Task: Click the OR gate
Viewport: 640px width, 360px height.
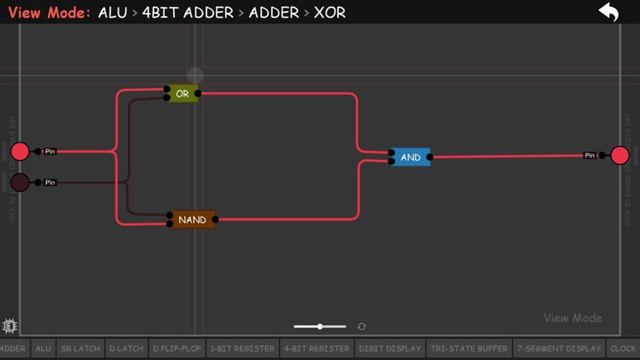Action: click(182, 94)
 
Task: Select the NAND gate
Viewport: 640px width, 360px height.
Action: click(192, 219)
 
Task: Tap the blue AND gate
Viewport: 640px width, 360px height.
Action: click(410, 157)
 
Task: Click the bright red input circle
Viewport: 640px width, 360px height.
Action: click(20, 152)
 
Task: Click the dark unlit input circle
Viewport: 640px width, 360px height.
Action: click(20, 182)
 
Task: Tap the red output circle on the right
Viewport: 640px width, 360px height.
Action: click(620, 155)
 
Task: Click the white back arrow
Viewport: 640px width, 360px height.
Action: click(608, 13)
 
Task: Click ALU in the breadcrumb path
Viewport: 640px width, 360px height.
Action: click(112, 13)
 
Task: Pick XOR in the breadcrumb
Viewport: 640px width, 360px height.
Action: click(329, 13)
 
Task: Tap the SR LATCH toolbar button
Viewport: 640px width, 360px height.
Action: click(80, 348)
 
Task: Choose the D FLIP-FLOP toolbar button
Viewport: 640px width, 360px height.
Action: click(177, 348)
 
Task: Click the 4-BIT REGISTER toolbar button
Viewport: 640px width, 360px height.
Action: click(316, 348)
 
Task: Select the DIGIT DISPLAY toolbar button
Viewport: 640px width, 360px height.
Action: click(390, 348)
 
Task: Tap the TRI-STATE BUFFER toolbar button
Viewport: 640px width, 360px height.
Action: click(469, 348)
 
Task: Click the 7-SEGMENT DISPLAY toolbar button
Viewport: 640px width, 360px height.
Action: click(559, 348)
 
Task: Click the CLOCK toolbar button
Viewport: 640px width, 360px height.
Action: click(623, 348)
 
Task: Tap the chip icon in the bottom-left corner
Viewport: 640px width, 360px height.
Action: click(10, 326)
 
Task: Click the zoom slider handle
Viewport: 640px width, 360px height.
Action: click(320, 327)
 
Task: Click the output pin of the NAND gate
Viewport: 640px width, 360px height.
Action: click(215, 219)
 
